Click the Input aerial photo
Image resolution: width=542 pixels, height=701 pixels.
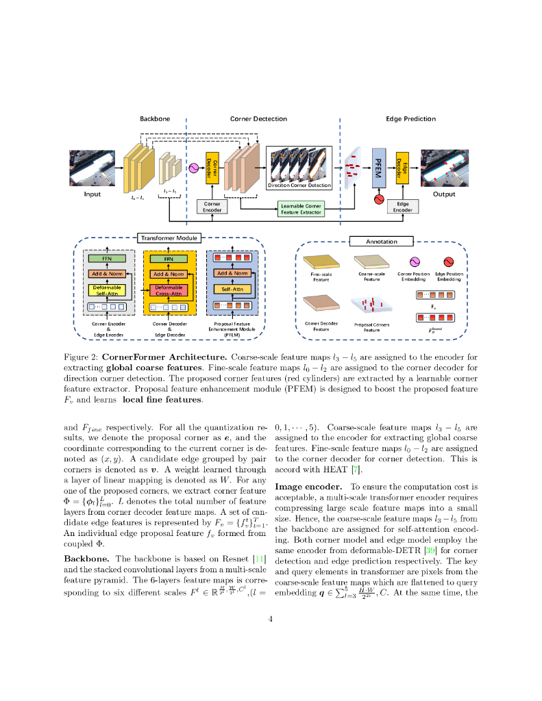pyautogui.click(x=92, y=169)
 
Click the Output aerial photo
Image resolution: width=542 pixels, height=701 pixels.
pyautogui.click(x=444, y=168)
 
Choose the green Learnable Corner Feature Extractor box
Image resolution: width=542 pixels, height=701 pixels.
pyautogui.click(x=301, y=209)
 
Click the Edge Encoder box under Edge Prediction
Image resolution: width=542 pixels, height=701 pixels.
pyautogui.click(x=403, y=207)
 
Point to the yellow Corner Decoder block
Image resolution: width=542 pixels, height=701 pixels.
pyautogui.click(x=212, y=168)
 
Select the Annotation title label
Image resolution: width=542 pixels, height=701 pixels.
pyautogui.click(x=381, y=241)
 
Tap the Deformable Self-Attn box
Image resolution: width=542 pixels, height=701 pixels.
pyautogui.click(x=108, y=290)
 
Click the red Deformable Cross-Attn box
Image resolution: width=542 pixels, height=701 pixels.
pyautogui.click(x=168, y=290)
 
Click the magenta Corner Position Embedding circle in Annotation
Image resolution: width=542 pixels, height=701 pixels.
pyautogui.click(x=414, y=262)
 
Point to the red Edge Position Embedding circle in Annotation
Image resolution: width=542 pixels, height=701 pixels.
pyautogui.click(x=449, y=262)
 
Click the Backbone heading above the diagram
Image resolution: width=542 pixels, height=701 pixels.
pyautogui.click(x=154, y=119)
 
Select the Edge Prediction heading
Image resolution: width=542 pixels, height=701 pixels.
pyautogui.click(x=410, y=119)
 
